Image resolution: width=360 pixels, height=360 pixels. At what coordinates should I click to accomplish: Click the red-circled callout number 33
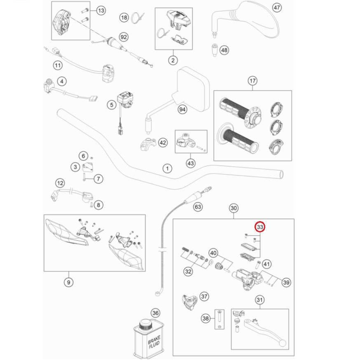click(x=260, y=227)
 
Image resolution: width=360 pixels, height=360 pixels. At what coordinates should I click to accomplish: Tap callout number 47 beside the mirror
click(x=277, y=8)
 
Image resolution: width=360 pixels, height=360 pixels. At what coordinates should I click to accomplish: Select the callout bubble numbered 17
click(x=252, y=81)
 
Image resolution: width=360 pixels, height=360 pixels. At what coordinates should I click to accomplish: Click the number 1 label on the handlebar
click(x=167, y=168)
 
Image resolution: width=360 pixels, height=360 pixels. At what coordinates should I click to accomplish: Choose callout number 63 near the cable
click(x=198, y=207)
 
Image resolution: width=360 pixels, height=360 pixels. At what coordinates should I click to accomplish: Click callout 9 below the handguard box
click(x=68, y=282)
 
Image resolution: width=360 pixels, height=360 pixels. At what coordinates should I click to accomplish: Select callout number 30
click(x=234, y=208)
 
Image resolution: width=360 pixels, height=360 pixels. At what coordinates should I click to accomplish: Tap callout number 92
click(x=124, y=37)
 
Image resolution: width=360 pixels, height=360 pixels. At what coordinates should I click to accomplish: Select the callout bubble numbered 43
click(x=190, y=164)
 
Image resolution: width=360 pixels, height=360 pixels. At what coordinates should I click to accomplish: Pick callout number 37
click(x=204, y=296)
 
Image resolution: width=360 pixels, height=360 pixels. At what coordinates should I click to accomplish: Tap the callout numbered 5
click(x=111, y=105)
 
